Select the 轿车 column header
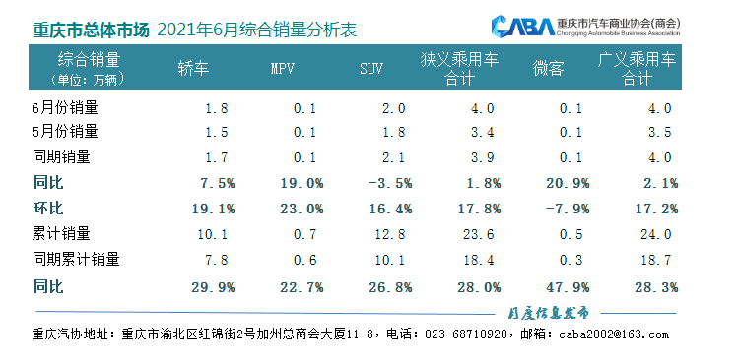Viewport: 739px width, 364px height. coord(193,68)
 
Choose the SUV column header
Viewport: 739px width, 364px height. coord(371,69)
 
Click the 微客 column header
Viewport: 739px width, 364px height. coord(549,69)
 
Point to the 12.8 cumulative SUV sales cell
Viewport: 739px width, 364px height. coord(380,234)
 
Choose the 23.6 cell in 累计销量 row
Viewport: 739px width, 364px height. coord(471,234)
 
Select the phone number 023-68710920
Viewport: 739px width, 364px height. coord(466,334)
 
